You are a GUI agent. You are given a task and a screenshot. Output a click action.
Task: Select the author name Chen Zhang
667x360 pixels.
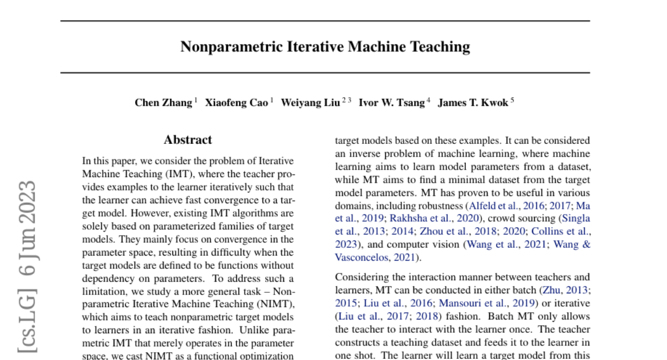click(163, 103)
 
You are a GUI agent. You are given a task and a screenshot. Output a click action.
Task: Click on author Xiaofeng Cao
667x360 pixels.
click(236, 103)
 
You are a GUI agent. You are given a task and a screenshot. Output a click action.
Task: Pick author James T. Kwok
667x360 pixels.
click(473, 103)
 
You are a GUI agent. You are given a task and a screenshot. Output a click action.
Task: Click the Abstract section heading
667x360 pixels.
click(188, 140)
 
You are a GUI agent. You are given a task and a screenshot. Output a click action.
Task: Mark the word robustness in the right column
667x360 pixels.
click(435, 206)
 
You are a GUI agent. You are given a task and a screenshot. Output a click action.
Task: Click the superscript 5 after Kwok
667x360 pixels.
click(512, 101)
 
